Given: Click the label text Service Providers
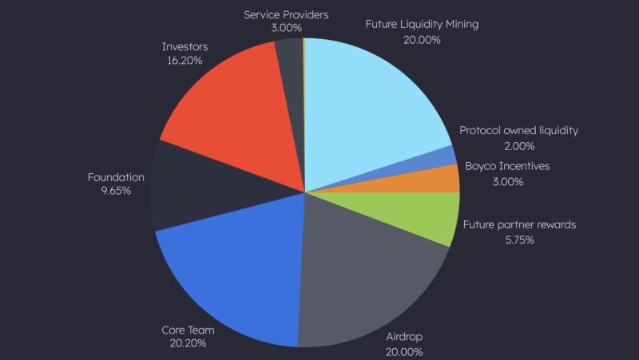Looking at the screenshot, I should [x=287, y=14].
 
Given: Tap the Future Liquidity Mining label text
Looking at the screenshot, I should [x=422, y=24].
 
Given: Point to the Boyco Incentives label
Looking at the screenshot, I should [x=507, y=166].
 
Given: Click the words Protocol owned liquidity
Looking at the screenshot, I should [x=518, y=130].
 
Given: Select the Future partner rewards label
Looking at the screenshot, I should [x=519, y=224].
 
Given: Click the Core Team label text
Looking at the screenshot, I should [x=189, y=328].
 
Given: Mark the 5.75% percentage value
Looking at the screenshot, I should [x=519, y=239].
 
